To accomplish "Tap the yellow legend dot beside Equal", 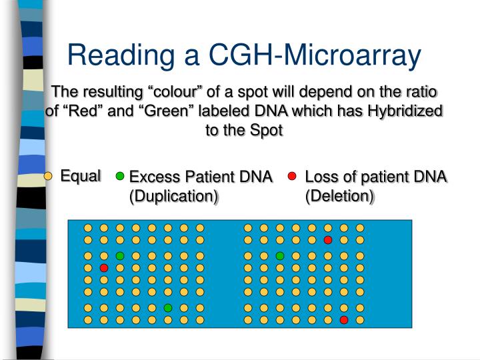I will [48, 177].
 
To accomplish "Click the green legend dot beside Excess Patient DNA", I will [120, 177].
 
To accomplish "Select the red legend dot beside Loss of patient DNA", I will [292, 177].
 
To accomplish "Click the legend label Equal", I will [81, 176].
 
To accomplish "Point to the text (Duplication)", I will [174, 196].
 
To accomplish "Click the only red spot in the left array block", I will [104, 267].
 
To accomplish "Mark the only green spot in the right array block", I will [280, 255].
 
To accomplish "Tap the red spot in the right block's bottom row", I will [344, 320].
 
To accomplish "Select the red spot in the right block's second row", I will [328, 239].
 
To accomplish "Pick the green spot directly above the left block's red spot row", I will [120, 255].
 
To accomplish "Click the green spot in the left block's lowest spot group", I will [168, 307].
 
